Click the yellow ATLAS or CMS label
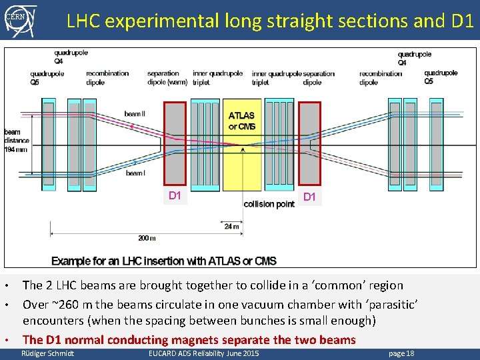pos(242,121)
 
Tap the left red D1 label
pos(175,195)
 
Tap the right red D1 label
pos(310,197)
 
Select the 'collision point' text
pos(269,204)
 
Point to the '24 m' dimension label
pos(231,227)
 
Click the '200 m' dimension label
pos(147,238)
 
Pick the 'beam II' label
pos(134,114)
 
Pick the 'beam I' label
pos(135,173)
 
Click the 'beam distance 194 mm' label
pos(16,140)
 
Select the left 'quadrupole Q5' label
pos(47,78)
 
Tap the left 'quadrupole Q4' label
pos(71,57)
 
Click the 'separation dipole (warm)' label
pos(163,78)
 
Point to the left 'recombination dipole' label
pos(107,78)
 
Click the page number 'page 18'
pos(401,353)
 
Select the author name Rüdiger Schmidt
pos(48,353)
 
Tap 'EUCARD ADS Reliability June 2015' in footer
pos(203,353)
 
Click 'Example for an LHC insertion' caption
pos(163,261)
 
